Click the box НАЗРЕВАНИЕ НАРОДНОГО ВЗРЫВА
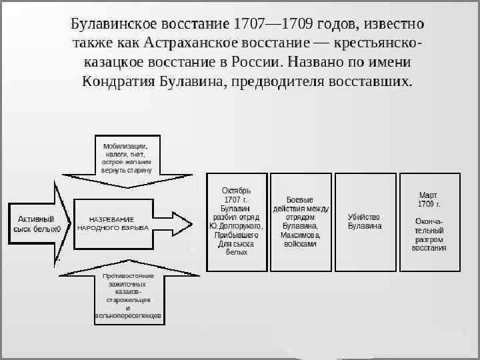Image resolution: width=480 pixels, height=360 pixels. [x=113, y=223]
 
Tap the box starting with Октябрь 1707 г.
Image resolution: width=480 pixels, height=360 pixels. [x=237, y=222]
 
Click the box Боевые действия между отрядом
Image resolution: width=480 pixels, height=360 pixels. [x=299, y=222]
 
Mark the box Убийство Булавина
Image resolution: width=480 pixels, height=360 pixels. [x=364, y=222]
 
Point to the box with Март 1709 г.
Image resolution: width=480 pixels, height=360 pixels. [x=429, y=222]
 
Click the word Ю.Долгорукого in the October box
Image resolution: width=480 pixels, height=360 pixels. [x=237, y=226]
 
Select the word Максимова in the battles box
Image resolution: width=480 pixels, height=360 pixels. [x=300, y=235]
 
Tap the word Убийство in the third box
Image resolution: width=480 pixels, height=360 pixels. [x=364, y=217]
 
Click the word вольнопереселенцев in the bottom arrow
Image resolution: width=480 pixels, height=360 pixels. [x=128, y=315]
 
